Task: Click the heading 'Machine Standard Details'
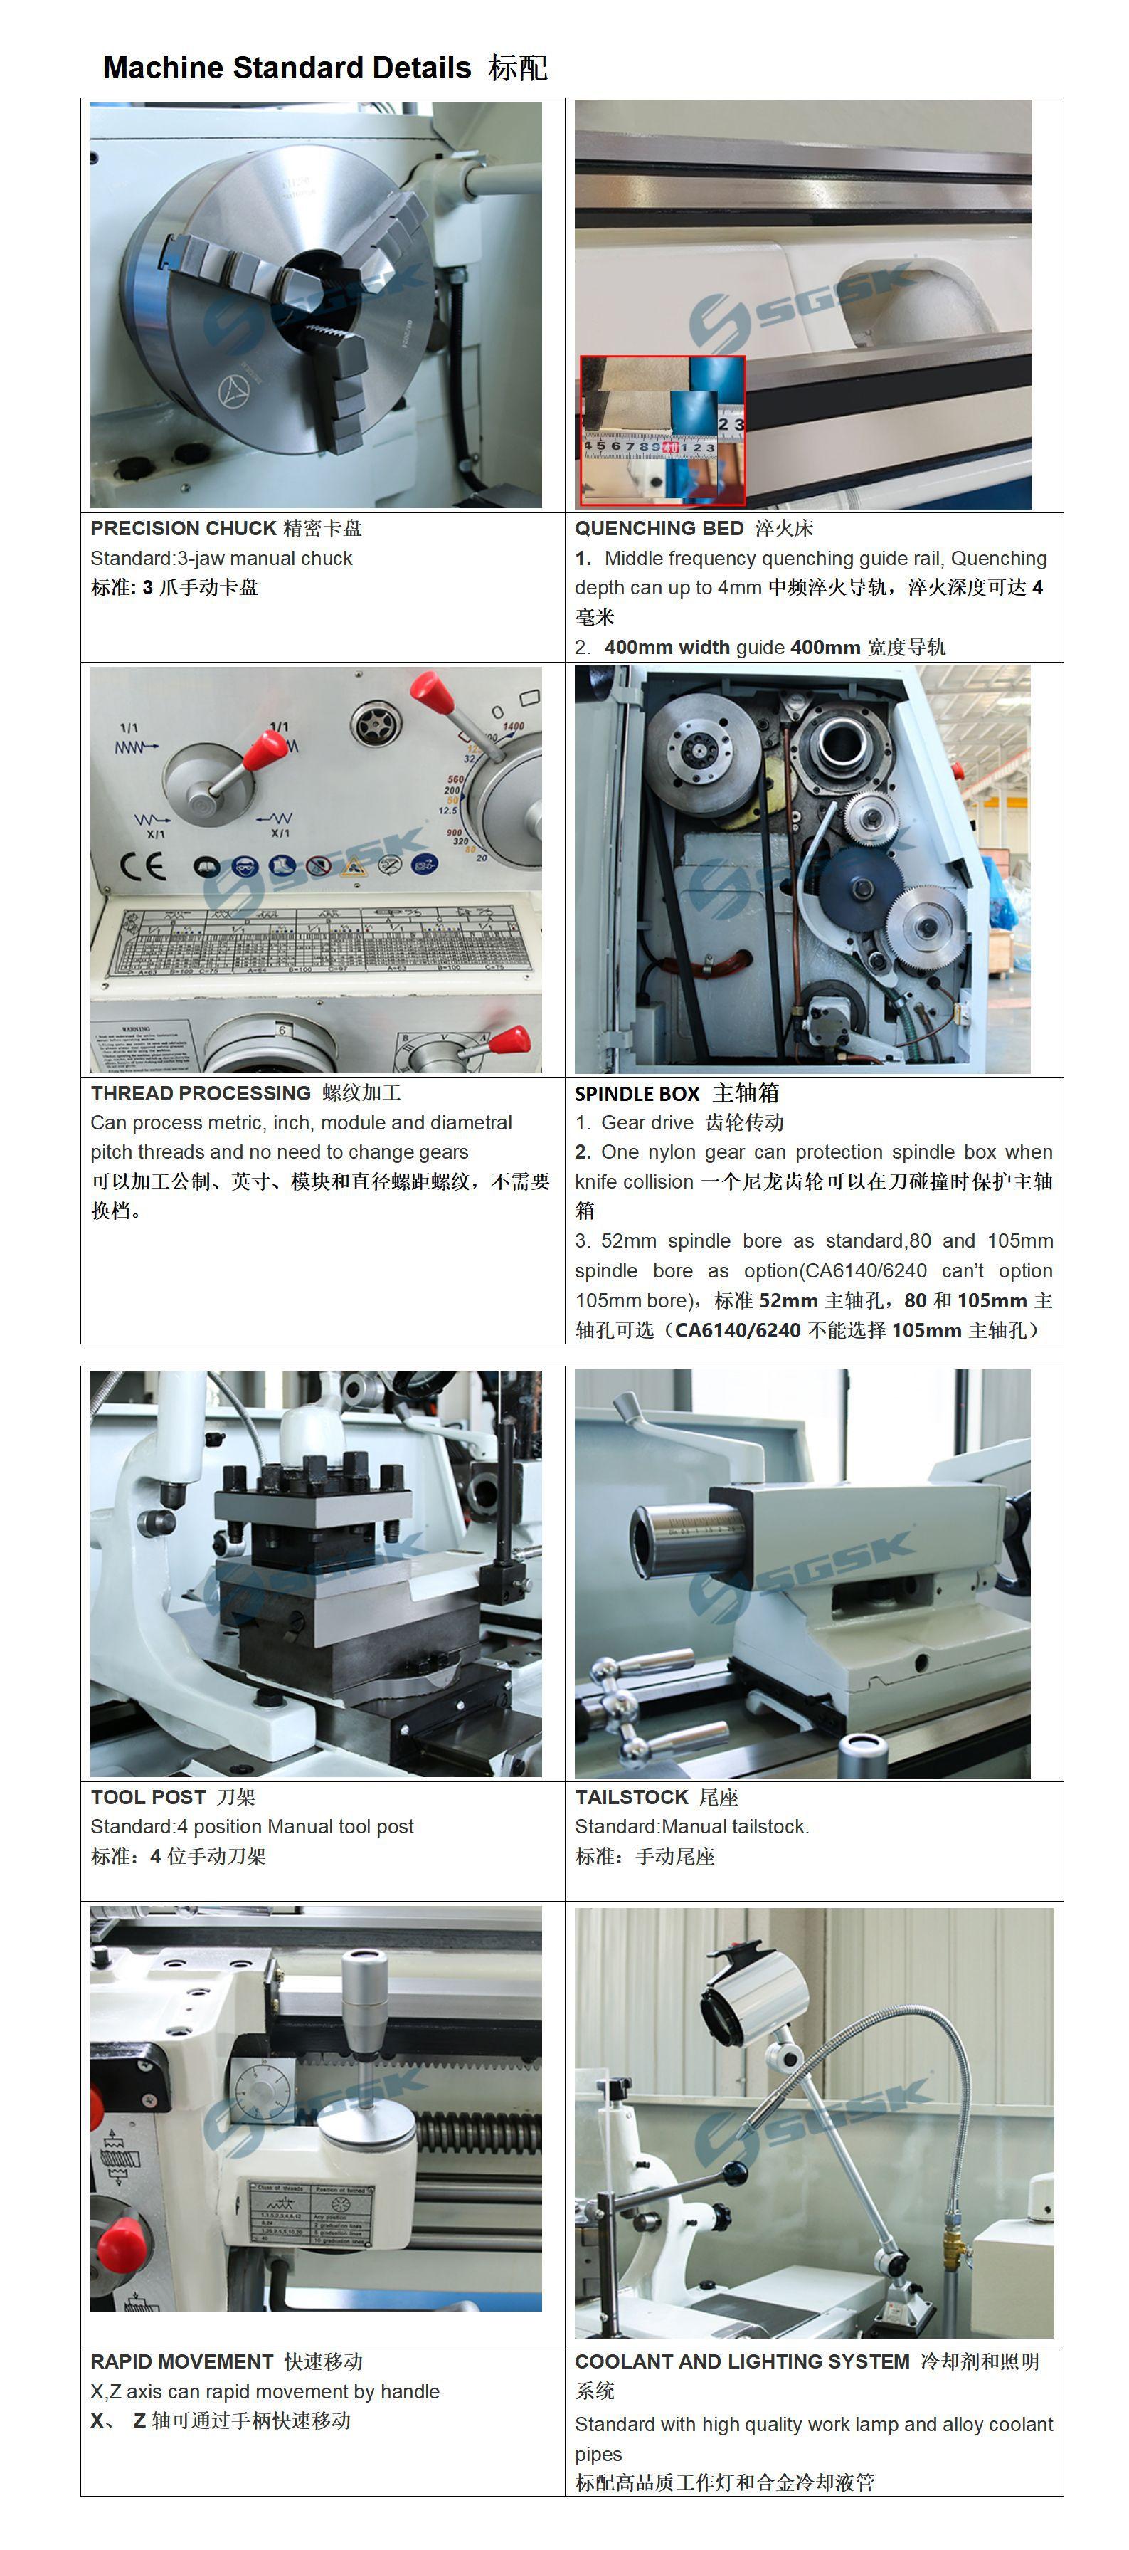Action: (x=287, y=68)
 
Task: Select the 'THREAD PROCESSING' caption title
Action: (x=201, y=1093)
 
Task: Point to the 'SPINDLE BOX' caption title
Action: (x=637, y=1093)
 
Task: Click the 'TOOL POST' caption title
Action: (x=149, y=1797)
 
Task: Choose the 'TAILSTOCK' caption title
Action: (x=631, y=1797)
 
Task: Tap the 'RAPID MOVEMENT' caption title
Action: (x=182, y=2361)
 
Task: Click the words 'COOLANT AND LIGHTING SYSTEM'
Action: (x=742, y=2361)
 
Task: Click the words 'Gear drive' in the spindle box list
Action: (x=647, y=1122)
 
